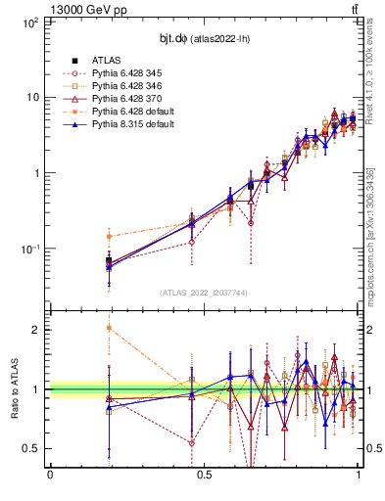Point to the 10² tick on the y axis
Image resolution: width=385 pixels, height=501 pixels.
30,22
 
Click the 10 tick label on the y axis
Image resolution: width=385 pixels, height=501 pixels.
32,97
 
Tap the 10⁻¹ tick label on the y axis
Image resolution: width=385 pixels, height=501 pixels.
29,249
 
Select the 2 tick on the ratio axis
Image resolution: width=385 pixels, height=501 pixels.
38,330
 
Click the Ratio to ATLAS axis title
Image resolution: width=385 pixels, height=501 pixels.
14,388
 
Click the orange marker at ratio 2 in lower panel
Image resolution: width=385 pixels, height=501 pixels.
109,328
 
